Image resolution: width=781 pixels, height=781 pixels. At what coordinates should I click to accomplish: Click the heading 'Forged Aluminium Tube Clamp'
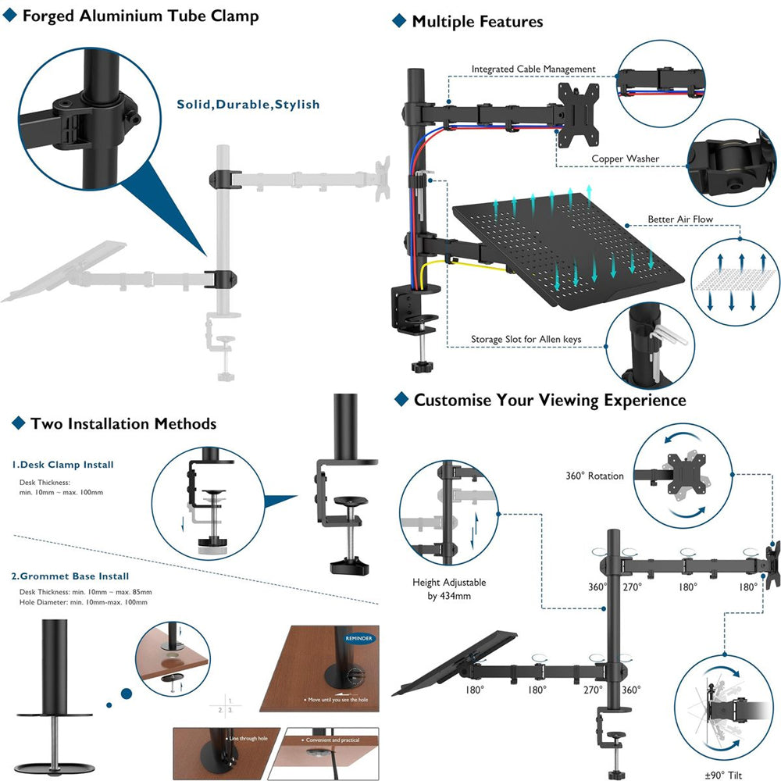(x=140, y=16)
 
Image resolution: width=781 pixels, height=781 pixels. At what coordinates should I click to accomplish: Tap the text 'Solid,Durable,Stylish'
(x=248, y=104)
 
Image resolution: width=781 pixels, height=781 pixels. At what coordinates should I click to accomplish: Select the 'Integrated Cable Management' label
(x=533, y=70)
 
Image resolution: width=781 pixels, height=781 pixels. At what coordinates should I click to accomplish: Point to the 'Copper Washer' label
(x=625, y=159)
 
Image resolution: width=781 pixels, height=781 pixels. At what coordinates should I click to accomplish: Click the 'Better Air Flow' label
(x=679, y=219)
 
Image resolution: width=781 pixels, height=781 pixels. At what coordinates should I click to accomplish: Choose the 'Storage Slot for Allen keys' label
(x=537, y=340)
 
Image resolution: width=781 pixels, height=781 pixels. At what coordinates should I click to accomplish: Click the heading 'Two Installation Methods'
(x=123, y=424)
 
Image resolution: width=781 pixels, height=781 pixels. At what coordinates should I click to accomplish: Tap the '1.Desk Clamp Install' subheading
(x=62, y=465)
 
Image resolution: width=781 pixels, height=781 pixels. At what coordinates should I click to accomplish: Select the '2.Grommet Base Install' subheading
(x=70, y=576)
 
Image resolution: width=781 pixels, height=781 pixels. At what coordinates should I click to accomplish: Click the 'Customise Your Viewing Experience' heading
(x=550, y=401)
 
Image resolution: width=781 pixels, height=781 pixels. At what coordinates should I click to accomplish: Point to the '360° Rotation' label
(x=594, y=476)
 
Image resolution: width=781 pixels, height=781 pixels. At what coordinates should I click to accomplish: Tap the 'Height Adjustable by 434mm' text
(x=448, y=589)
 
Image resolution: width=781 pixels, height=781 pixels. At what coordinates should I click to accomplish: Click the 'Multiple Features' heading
(x=477, y=21)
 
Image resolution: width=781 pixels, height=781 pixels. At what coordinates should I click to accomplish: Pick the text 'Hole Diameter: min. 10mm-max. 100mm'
(x=84, y=602)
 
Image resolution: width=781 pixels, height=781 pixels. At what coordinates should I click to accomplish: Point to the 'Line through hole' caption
(x=248, y=738)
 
